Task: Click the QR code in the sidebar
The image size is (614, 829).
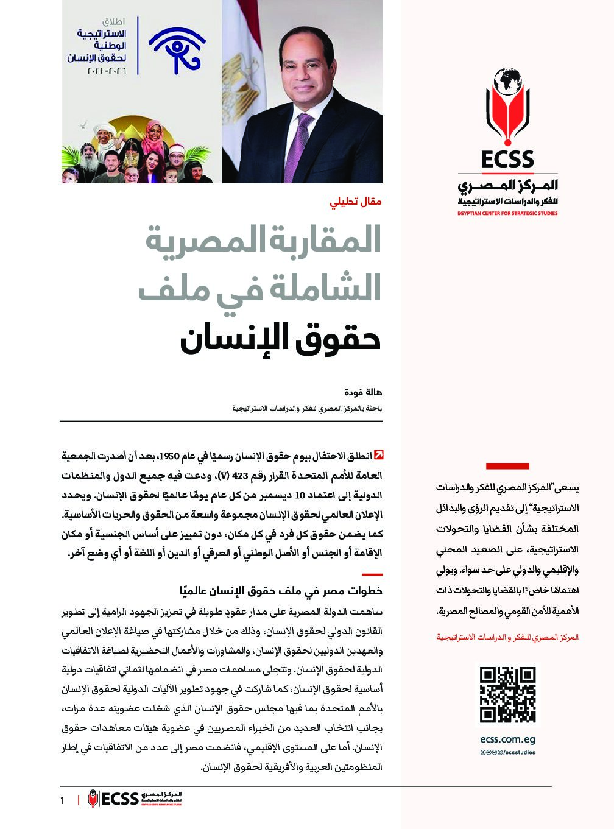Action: pos(507,694)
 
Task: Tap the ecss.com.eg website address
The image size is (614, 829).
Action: pos(507,739)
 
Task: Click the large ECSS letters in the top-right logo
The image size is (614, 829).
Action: pos(507,159)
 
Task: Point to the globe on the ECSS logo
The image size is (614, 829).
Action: pos(507,83)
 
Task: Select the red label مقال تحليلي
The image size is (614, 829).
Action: pos(356,201)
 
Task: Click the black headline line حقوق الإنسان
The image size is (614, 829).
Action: pos(280,339)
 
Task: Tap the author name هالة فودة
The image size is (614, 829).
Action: pos(364,393)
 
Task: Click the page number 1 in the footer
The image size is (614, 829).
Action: pos(62,800)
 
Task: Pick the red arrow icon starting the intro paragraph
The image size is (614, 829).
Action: pos(378,455)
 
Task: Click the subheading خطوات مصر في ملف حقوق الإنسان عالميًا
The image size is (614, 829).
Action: pos(281,591)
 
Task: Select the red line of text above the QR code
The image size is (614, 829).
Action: pos(507,637)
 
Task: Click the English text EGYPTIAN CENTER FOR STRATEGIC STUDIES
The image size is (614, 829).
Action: pos(507,214)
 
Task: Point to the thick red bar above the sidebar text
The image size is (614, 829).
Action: pos(507,466)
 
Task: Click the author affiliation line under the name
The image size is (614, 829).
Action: pos(307,408)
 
